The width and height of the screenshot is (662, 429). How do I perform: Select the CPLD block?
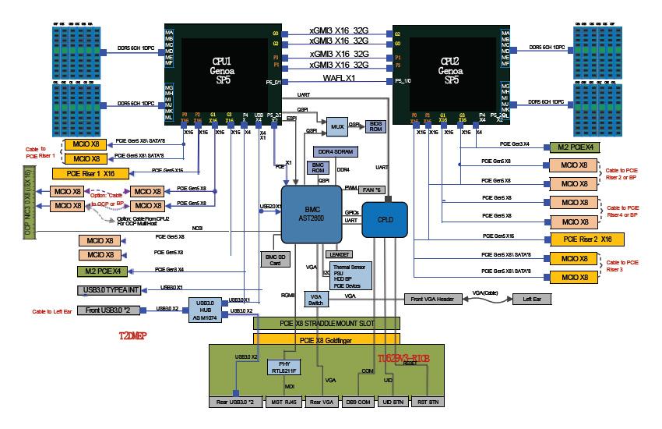[385, 219]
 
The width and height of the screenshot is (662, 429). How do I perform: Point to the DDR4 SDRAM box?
[335, 151]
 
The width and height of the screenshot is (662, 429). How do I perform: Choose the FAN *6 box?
[373, 190]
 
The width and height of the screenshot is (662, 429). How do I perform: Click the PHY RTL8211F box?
[283, 367]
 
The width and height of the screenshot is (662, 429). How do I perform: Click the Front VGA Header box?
[432, 299]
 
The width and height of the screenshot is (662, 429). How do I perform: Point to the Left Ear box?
[532, 299]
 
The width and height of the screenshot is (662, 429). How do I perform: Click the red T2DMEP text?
[133, 337]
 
